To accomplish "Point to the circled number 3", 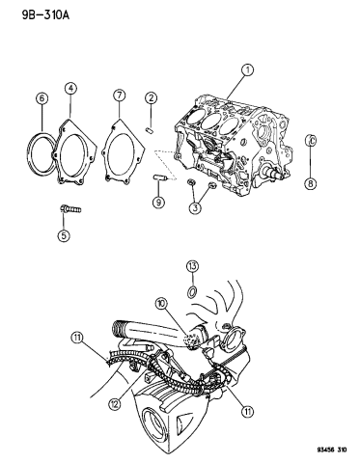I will [x=70, y=90].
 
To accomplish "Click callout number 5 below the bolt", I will [x=40, y=97].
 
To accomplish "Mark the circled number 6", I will [x=119, y=95].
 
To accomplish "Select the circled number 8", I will [x=156, y=202].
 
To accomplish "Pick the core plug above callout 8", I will [x=311, y=144].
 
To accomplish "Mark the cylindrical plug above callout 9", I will [x=157, y=177].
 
